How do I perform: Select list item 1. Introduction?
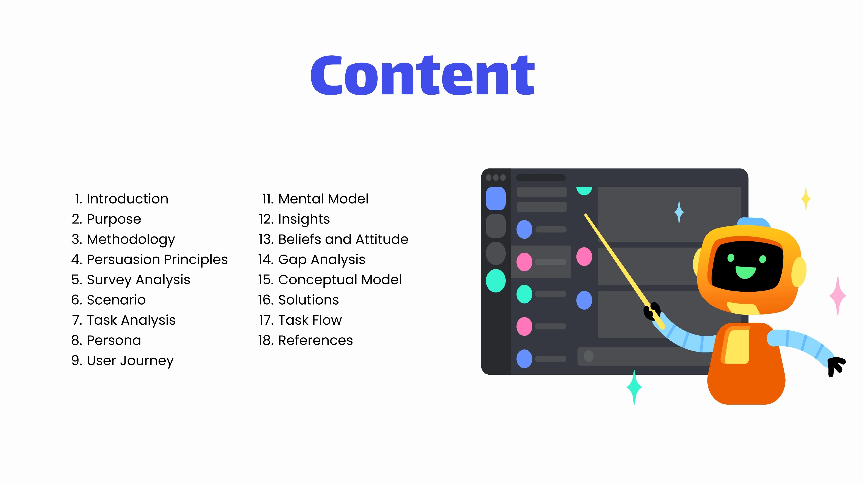click(x=121, y=199)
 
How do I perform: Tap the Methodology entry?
click(x=123, y=239)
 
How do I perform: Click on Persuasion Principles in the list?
click(x=150, y=259)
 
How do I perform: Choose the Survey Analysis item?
click(x=131, y=280)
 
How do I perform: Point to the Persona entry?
click(x=106, y=340)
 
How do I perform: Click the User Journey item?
click(x=123, y=360)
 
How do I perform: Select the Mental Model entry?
click(x=315, y=199)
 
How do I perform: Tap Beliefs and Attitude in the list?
click(x=333, y=239)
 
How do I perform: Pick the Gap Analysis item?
click(x=312, y=259)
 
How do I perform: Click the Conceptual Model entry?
click(x=330, y=280)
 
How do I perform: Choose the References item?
click(x=305, y=340)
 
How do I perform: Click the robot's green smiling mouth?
click(x=746, y=272)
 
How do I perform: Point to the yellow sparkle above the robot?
click(x=806, y=199)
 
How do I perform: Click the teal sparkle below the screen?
click(x=634, y=387)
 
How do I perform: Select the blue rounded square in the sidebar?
click(x=496, y=199)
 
